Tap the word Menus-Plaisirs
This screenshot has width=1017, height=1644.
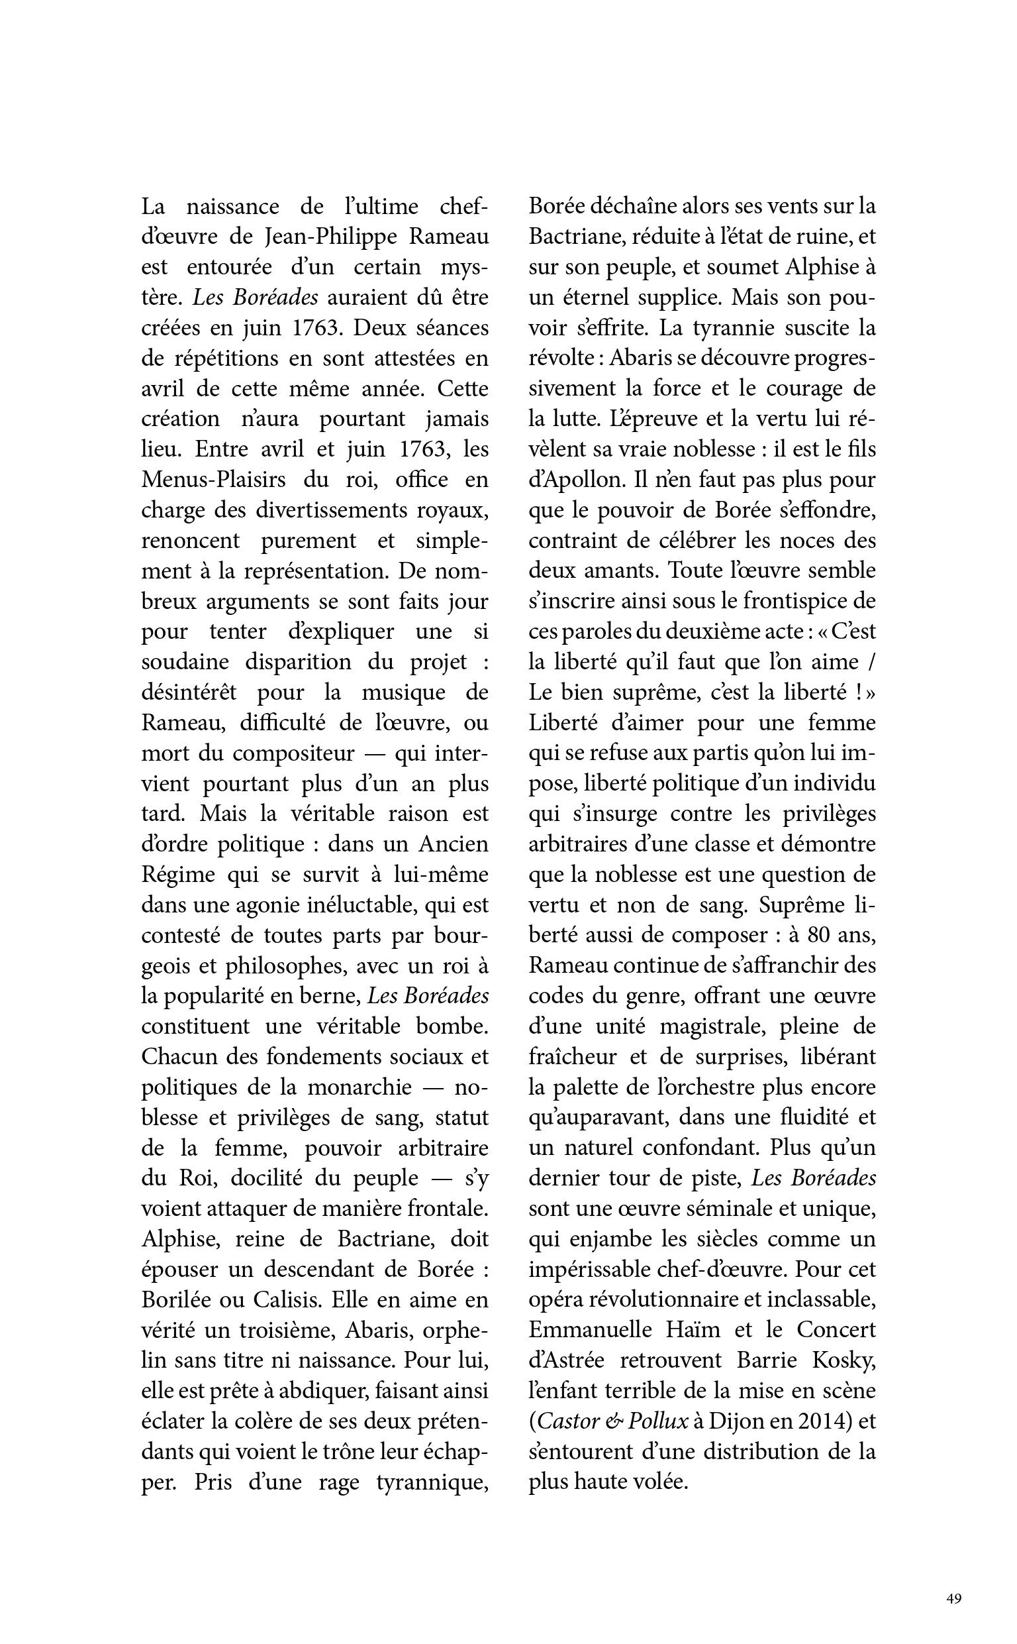pyautogui.click(x=213, y=480)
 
